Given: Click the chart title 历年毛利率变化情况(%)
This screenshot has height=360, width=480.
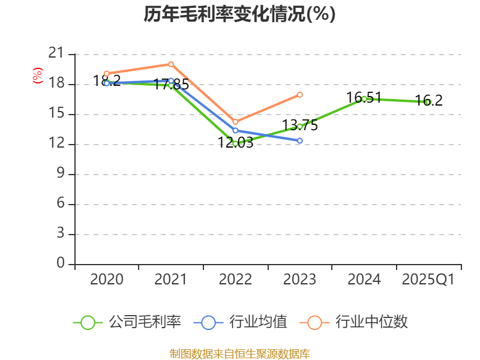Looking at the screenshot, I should (239, 14).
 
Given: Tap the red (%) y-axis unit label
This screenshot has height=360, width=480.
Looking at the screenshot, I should (38, 76).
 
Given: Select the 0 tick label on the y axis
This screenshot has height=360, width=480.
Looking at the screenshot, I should (60, 263).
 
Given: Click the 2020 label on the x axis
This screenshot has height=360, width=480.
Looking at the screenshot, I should (107, 280).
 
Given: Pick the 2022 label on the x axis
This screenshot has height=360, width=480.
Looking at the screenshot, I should (235, 280).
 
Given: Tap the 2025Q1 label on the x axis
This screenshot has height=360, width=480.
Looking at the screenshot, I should (428, 280).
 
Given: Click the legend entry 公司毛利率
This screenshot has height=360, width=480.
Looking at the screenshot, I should (145, 322).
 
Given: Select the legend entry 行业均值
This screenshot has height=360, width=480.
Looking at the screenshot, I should (258, 322).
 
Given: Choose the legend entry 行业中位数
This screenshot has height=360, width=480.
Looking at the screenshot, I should (371, 322).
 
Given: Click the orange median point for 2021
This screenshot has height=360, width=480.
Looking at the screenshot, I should (171, 64).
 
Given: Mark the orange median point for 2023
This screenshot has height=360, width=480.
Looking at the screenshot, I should (300, 94).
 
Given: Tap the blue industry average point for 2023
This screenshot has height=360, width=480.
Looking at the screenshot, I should (300, 140).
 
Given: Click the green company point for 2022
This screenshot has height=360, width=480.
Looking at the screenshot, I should (235, 143).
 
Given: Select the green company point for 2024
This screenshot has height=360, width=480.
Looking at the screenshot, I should (364, 98).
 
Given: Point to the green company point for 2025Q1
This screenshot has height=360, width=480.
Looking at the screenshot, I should (428, 102).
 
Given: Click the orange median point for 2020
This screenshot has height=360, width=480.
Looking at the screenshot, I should (107, 73).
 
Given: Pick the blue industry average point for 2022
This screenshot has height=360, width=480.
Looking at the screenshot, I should (235, 130).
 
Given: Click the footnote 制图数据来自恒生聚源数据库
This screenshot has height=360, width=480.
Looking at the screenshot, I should (239, 353).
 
